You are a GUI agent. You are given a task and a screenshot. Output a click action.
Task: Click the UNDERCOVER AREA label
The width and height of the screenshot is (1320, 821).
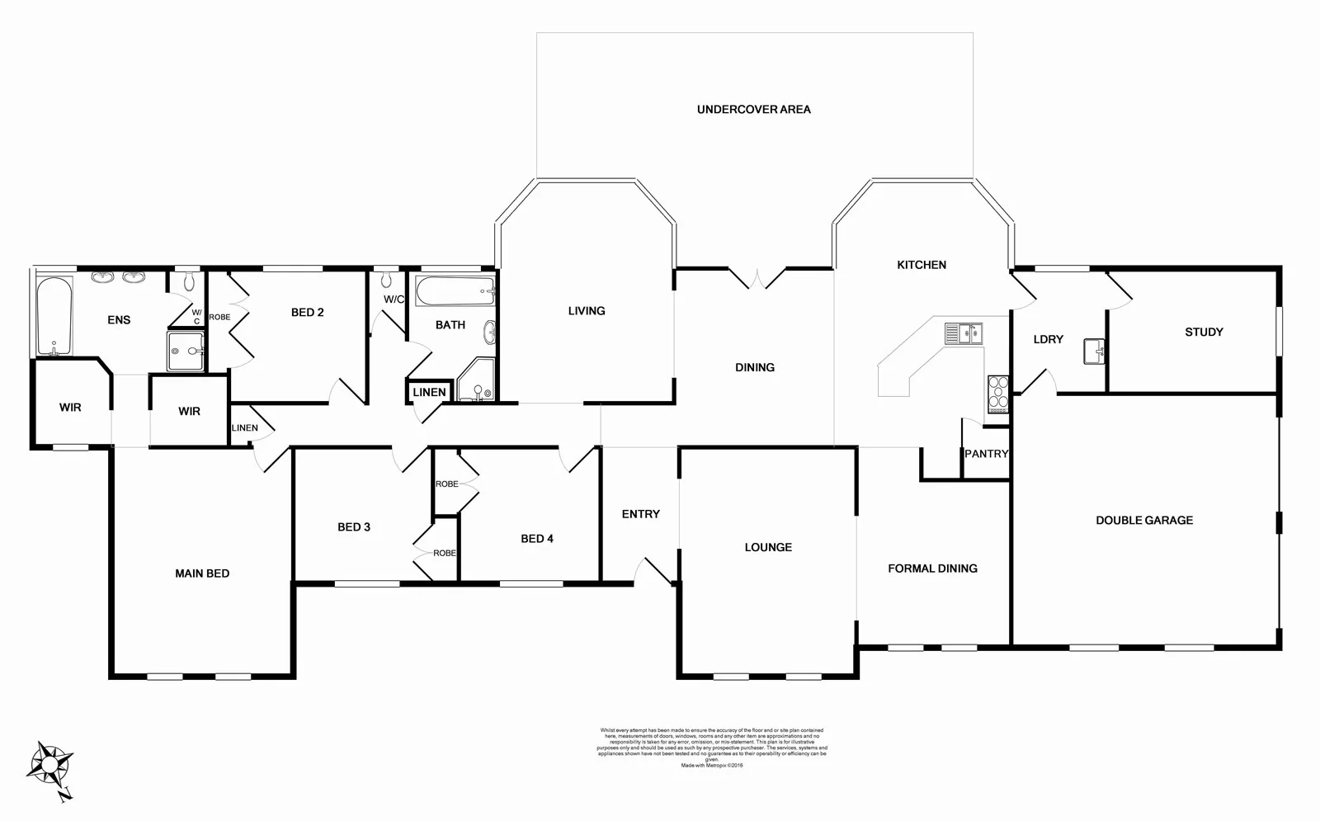pyautogui.click(x=753, y=109)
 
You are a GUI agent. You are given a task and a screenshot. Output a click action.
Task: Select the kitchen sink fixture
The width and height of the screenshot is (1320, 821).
pyautogui.click(x=963, y=333)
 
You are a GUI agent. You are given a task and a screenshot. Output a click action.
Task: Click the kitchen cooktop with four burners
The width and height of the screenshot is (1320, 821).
pyautogui.click(x=998, y=394)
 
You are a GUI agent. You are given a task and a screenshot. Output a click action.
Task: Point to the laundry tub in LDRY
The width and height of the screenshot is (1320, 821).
pyautogui.click(x=1095, y=352)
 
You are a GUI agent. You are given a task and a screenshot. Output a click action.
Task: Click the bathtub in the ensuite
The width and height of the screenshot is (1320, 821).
pyautogui.click(x=54, y=316)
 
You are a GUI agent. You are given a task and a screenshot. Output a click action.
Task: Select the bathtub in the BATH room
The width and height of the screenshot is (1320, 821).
pyautogui.click(x=455, y=291)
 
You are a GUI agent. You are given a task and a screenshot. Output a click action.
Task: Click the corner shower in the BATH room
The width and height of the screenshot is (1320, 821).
pyautogui.click(x=477, y=382)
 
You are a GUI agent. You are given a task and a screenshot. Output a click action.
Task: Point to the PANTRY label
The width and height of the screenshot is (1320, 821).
pyautogui.click(x=987, y=454)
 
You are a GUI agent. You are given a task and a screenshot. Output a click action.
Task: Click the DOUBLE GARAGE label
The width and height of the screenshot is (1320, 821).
pyautogui.click(x=1144, y=520)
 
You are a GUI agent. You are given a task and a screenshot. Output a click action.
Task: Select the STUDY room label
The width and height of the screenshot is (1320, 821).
pyautogui.click(x=1204, y=332)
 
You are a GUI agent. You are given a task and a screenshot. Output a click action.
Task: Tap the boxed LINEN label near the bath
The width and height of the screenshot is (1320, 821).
pyautogui.click(x=429, y=392)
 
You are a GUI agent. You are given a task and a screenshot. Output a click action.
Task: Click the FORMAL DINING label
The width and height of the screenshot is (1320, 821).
pyautogui.click(x=932, y=569)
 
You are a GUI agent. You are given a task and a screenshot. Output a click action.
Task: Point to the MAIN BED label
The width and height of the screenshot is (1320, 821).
pyautogui.click(x=202, y=573)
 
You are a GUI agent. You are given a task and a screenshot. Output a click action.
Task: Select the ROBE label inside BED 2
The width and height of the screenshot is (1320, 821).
pyautogui.click(x=219, y=317)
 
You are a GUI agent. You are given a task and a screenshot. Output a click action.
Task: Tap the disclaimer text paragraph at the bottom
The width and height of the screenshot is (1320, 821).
pyautogui.click(x=712, y=748)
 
